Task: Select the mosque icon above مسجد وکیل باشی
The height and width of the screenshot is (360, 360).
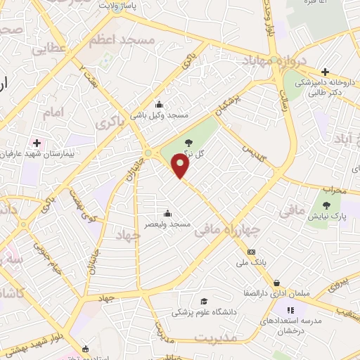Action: tap(159, 105)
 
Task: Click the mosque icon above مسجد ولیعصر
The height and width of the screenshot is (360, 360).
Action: tap(167, 214)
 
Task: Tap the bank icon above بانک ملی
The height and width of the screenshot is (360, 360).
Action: tap(252, 252)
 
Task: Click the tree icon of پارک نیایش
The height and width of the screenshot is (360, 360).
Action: tap(326, 205)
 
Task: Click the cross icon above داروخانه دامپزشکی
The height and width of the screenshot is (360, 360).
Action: tap(325, 72)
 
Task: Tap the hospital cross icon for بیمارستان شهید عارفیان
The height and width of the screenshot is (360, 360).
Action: tap(37, 143)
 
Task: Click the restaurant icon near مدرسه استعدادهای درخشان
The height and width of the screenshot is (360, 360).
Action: tap(289, 310)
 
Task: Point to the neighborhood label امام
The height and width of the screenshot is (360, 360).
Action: tap(53, 112)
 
